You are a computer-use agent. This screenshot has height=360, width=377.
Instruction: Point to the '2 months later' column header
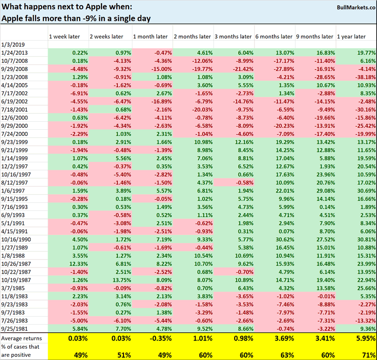pos(192,36)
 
